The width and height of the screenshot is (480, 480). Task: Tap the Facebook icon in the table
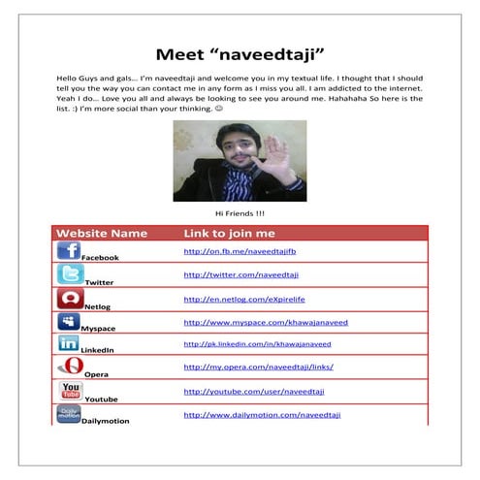69,250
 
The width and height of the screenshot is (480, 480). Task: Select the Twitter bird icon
69,274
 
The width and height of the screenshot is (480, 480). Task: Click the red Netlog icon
69,298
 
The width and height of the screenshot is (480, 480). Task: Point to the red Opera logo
70,367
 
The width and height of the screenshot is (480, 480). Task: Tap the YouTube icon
70,391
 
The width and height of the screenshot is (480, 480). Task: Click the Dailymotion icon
68,414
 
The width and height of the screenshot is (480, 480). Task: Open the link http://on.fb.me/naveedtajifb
234,251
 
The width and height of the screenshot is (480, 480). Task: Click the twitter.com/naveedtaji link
241,275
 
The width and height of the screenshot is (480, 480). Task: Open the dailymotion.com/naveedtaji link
262,415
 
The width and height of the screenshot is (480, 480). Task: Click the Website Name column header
102,234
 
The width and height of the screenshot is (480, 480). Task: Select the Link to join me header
230,234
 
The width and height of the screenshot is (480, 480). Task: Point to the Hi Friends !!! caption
240,213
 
